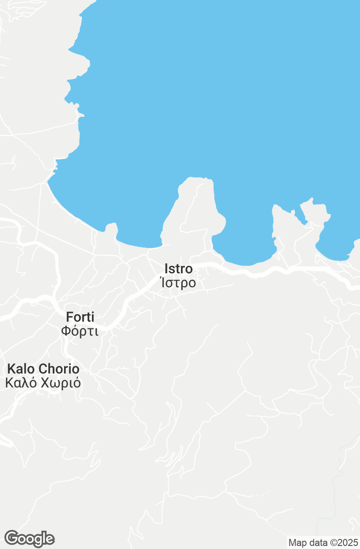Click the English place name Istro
click(178, 269)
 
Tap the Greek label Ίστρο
click(178, 283)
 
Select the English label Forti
click(80, 317)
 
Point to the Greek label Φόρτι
click(80, 331)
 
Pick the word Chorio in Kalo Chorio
click(59, 369)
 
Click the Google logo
click(29, 539)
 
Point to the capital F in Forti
click(69, 317)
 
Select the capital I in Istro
click(166, 269)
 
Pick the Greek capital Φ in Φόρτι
click(66, 331)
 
